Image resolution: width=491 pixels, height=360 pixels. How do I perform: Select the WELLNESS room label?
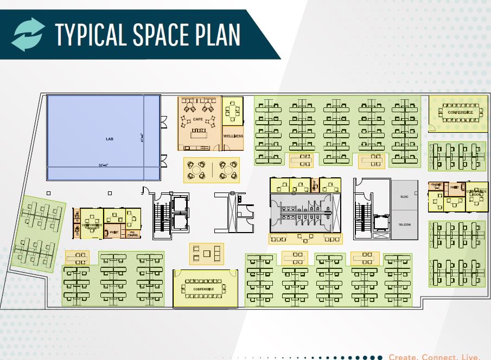[234, 136]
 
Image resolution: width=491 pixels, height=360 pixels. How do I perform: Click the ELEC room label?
[404, 196]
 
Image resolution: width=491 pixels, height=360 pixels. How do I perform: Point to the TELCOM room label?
[404, 224]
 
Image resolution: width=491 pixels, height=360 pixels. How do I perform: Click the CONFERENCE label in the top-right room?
[460, 113]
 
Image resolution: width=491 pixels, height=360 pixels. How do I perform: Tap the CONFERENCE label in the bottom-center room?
[204, 289]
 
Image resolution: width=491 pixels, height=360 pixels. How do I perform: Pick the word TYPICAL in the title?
[90, 34]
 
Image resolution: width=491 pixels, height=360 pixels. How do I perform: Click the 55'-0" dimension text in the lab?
[104, 165]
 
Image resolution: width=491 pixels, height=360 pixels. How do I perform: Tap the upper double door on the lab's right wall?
[162, 121]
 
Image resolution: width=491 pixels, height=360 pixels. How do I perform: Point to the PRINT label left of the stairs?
[114, 232]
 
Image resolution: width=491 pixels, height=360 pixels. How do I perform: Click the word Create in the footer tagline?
[404, 357]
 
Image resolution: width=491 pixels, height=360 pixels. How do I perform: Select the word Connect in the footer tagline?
[440, 357]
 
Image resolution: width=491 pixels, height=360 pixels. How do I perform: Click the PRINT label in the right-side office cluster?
[454, 188]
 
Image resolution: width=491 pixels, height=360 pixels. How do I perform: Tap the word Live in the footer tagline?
[471, 357]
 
